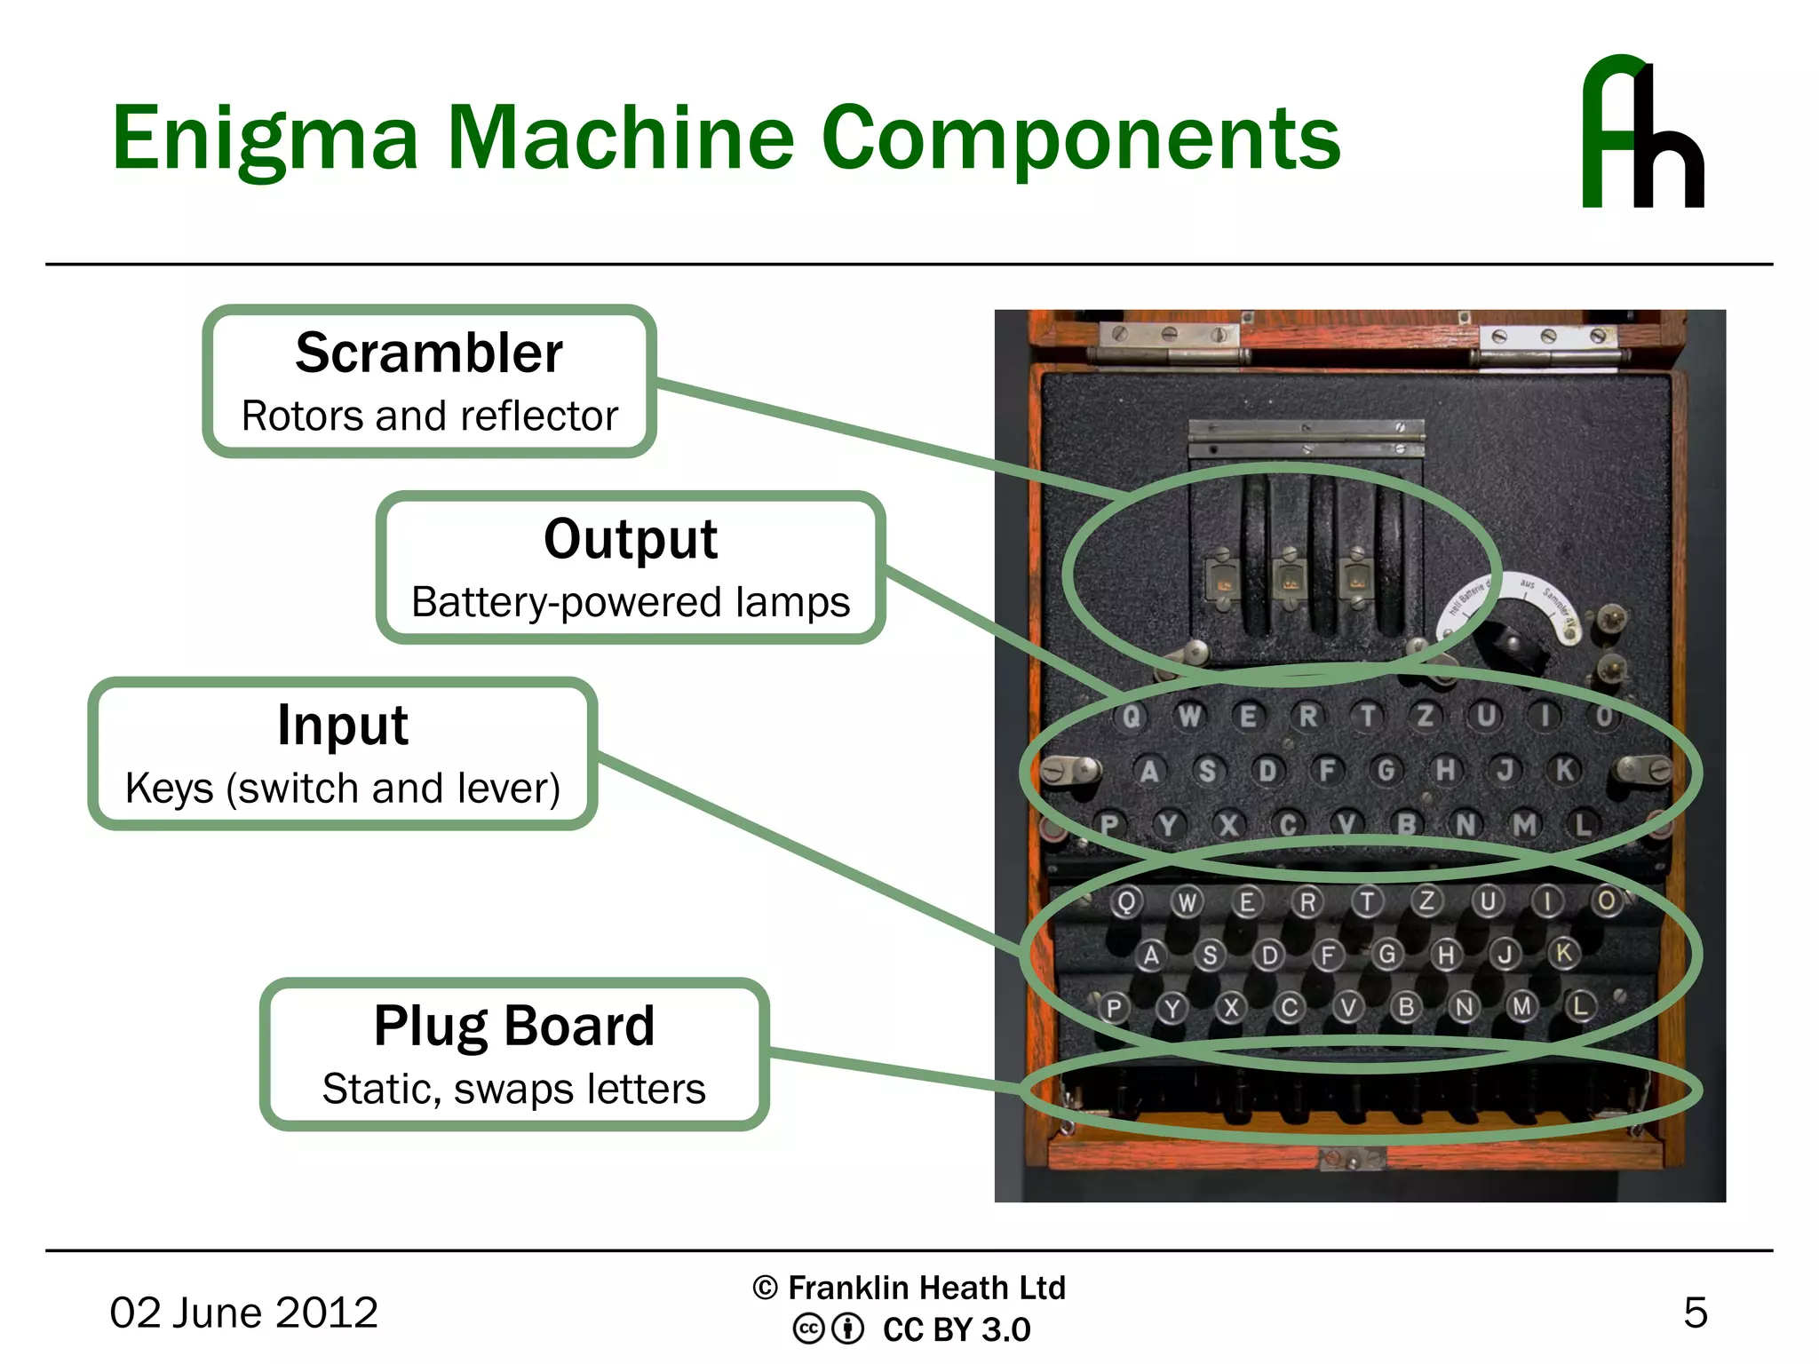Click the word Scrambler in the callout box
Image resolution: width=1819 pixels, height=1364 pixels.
tap(429, 353)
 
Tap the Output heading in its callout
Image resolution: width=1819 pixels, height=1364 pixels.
tap(631, 538)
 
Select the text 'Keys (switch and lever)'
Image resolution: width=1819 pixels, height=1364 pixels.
tap(343, 788)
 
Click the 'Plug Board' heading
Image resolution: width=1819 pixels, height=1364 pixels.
tap(514, 1026)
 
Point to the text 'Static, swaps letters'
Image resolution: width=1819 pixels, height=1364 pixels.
tap(514, 1089)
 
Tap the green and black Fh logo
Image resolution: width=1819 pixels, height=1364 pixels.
tap(1642, 133)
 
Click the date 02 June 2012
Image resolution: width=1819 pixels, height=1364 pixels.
tap(243, 1312)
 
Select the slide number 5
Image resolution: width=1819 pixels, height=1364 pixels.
tap(1695, 1312)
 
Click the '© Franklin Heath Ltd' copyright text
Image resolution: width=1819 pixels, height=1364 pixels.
tap(909, 1288)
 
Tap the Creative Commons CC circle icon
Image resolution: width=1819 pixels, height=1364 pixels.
tap(807, 1329)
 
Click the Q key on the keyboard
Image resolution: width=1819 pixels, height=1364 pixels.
tap(1125, 902)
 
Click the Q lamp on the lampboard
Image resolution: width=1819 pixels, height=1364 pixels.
tap(1131, 716)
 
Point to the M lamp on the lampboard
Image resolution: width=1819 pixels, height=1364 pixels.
tap(1524, 825)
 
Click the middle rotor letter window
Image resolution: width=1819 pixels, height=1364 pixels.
tap(1287, 583)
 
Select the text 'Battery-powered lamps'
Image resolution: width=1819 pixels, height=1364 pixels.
tap(631, 602)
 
